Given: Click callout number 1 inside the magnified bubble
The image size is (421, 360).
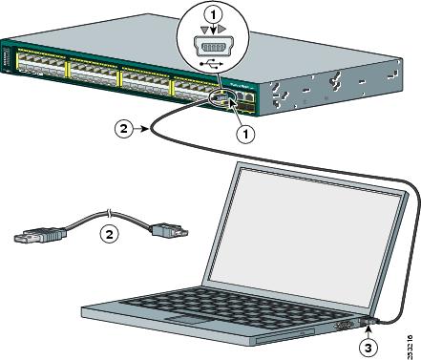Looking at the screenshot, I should (x=216, y=14).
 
